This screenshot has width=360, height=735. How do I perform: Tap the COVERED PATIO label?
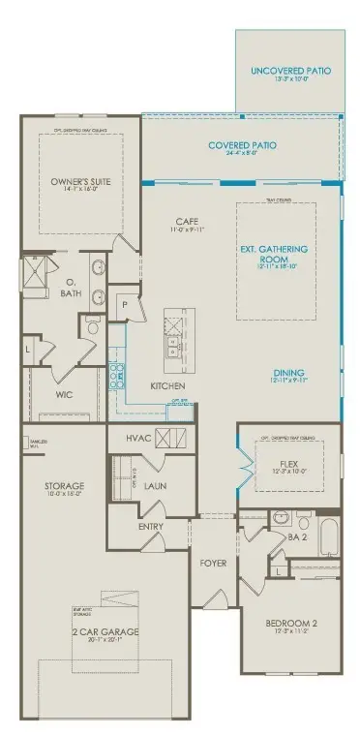(x=242, y=145)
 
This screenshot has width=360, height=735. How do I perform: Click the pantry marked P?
(x=125, y=302)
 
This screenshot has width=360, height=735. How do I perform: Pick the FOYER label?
(x=213, y=560)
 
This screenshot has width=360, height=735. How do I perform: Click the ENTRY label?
(x=151, y=527)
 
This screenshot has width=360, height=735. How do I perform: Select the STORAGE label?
(x=64, y=485)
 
